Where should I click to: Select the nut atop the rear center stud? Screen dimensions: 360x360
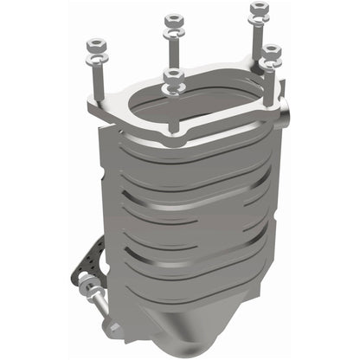(x=173, y=18)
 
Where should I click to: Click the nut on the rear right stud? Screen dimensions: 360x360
(x=257, y=10)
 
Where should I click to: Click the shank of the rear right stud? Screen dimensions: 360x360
(x=257, y=38)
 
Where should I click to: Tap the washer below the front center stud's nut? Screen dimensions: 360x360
(x=173, y=90)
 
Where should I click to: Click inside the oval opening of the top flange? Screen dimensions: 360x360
(x=197, y=105)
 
